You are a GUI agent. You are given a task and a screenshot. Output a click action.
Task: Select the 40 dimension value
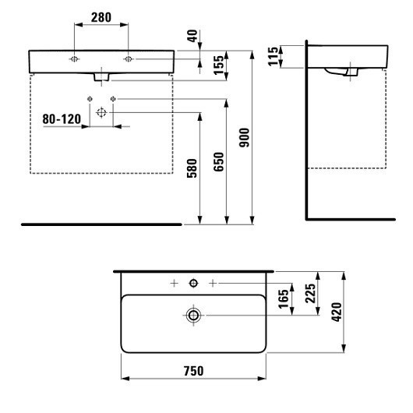click(192, 36)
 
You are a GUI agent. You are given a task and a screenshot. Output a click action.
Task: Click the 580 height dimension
click(192, 185)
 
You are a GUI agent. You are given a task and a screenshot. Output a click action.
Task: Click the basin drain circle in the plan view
click(194, 315)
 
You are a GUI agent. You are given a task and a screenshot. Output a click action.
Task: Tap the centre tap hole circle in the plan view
click(194, 281)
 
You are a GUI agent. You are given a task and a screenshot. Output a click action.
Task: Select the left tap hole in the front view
click(73, 59)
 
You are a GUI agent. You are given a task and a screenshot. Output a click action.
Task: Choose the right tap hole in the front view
click(128, 59)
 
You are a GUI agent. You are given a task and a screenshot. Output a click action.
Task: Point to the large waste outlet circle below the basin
click(101, 112)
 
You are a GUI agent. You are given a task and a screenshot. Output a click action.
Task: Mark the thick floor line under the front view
click(101, 224)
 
